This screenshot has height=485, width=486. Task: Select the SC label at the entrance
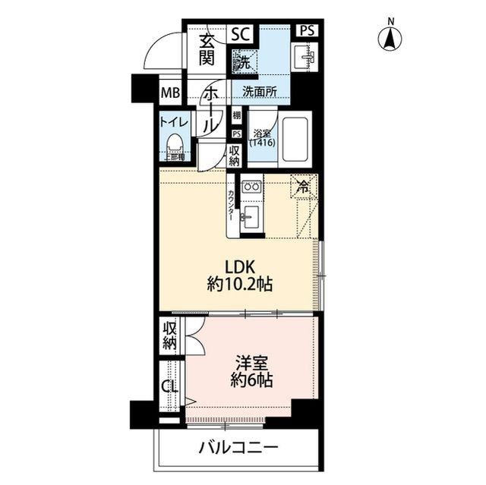coord(240,34)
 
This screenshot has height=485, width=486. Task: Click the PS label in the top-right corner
coord(306,31)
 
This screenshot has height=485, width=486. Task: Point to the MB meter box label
coord(169,93)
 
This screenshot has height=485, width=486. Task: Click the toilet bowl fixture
coord(175,143)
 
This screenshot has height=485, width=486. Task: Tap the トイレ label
coord(174,121)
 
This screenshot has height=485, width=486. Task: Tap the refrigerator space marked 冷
coord(304,187)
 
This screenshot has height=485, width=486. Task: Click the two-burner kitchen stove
coord(251,187)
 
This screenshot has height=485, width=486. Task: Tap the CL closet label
coord(169,386)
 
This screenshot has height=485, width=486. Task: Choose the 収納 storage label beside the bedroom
coord(169,335)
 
